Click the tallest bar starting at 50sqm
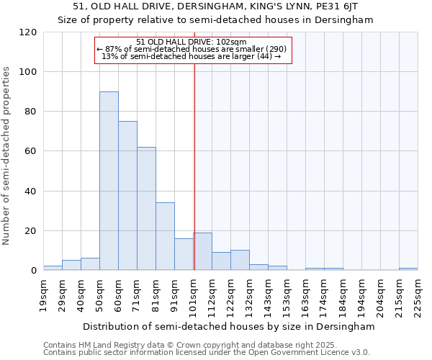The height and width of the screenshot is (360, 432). pyautogui.click(x=109, y=181)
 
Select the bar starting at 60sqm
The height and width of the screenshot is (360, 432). pyautogui.click(x=127, y=196)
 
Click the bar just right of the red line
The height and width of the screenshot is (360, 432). pyautogui.click(x=202, y=251)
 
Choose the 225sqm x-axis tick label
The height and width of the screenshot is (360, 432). pyautogui.click(x=418, y=296)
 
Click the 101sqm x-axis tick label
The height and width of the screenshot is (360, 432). pyautogui.click(x=194, y=296)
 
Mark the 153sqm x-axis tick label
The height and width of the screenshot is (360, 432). pyautogui.click(x=287, y=296)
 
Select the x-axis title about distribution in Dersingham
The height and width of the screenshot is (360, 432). pyautogui.click(x=229, y=326)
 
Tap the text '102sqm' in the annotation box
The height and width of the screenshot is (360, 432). pyautogui.click(x=231, y=42)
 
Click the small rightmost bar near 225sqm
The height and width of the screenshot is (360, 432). pyautogui.click(x=408, y=269)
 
